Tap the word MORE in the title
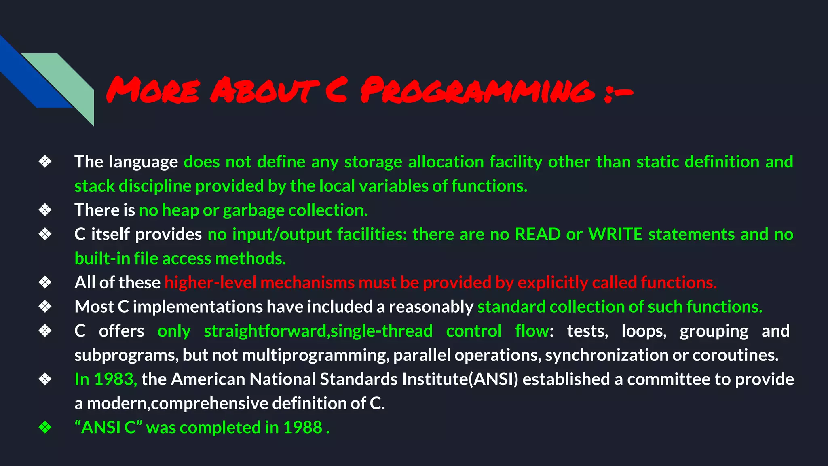click(x=153, y=90)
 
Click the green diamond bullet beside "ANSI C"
click(x=45, y=427)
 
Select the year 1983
click(x=115, y=379)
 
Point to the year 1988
click(x=302, y=428)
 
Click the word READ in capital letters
click(x=537, y=234)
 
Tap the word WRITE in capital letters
click(x=615, y=234)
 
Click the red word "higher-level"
click(x=210, y=282)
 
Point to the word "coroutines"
click(x=735, y=355)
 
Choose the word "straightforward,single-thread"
click(x=318, y=331)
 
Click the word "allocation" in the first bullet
click(x=446, y=162)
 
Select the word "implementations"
click(x=198, y=307)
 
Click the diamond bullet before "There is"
click(x=45, y=210)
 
